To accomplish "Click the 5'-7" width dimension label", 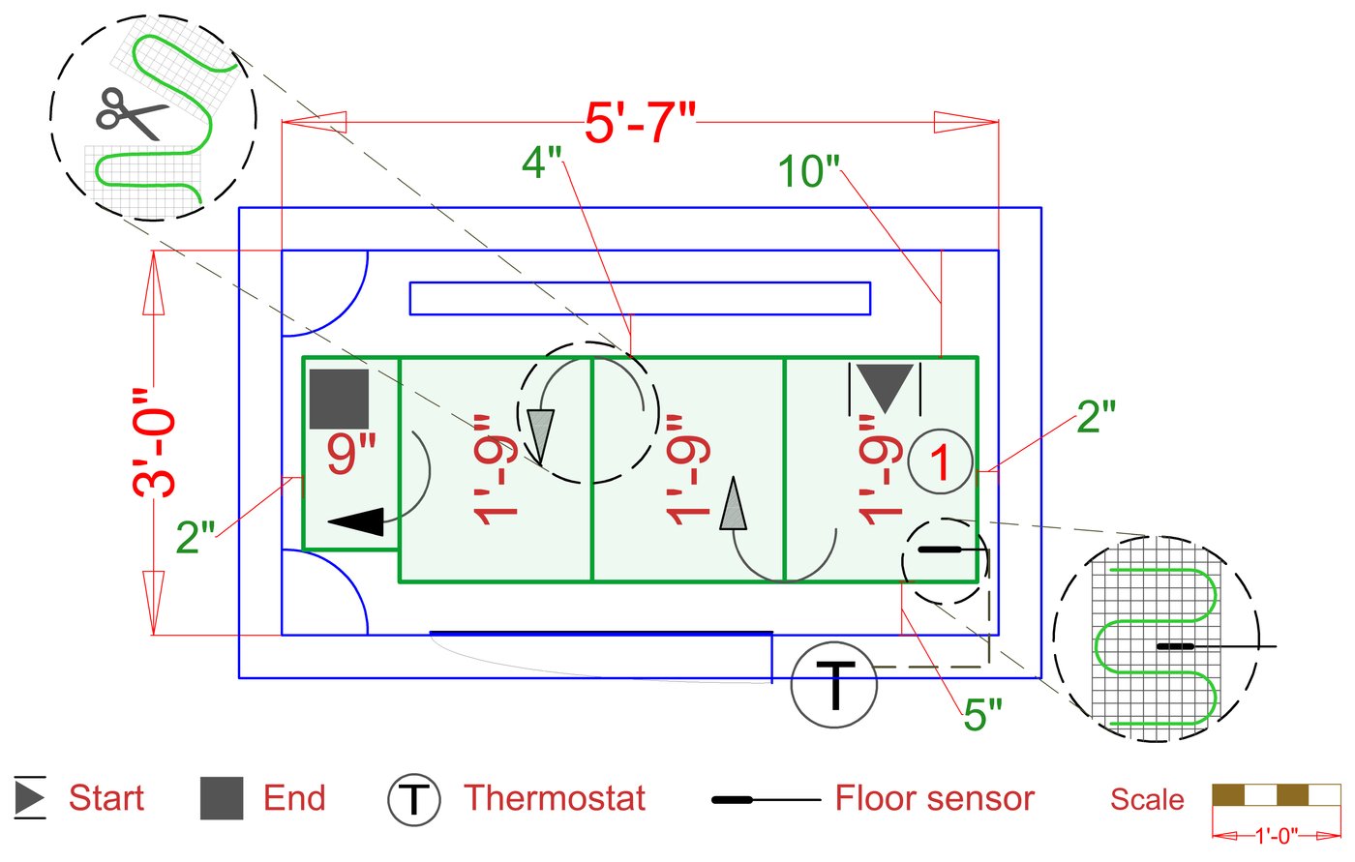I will point(640,123).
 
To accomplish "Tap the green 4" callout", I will point(542,163).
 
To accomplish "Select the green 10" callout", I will point(809,171).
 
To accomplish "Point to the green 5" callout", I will point(983,716).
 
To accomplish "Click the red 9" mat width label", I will point(350,453).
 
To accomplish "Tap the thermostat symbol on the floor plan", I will point(834,684).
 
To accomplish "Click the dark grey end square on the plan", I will point(339,399).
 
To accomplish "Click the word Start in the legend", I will point(105,798).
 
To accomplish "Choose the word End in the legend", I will point(294,798).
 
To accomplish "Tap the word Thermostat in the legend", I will point(555,798).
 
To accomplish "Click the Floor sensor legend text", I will point(934,798).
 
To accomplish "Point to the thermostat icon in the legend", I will point(414,800).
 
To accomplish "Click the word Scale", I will point(1147,799).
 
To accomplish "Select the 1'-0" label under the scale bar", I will point(1277,835).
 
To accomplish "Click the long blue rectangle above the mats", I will point(640,298).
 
